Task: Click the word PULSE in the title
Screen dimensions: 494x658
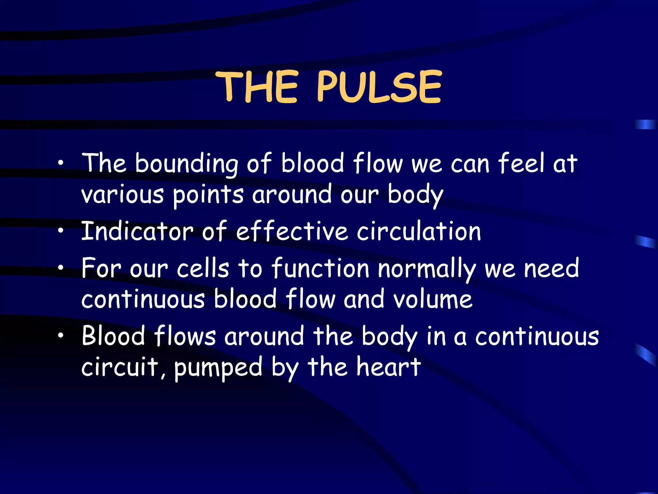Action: coord(379,87)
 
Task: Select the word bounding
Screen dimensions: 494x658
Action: coord(186,164)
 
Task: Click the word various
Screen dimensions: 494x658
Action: coord(122,195)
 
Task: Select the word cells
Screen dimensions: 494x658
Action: coord(203,268)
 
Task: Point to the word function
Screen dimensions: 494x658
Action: coord(320,268)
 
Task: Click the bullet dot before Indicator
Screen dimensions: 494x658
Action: coord(61,231)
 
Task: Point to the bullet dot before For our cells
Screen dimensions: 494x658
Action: coord(61,268)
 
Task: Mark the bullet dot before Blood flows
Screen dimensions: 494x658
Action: coord(61,336)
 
